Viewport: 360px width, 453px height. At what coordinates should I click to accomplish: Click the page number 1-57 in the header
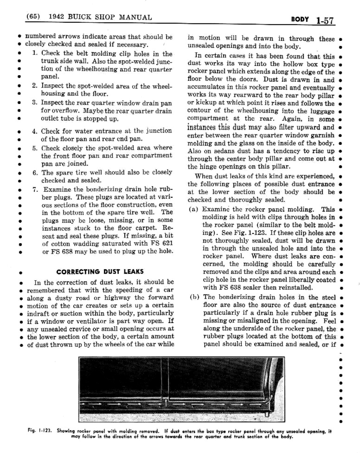click(x=325, y=21)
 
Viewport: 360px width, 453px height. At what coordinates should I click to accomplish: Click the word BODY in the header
click(x=299, y=19)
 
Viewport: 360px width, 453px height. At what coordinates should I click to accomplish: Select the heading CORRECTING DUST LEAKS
click(x=100, y=272)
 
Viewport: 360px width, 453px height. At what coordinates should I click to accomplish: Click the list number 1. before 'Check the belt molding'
click(x=35, y=53)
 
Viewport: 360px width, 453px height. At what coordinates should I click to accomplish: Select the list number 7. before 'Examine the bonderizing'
click(x=35, y=189)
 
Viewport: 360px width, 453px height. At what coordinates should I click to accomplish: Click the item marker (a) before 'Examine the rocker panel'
click(x=193, y=209)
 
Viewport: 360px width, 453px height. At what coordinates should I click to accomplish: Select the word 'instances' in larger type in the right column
click(x=202, y=127)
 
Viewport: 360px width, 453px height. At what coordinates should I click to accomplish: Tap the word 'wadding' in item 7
click(x=84, y=244)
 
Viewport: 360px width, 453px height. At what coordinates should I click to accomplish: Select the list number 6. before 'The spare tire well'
click(x=35, y=173)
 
